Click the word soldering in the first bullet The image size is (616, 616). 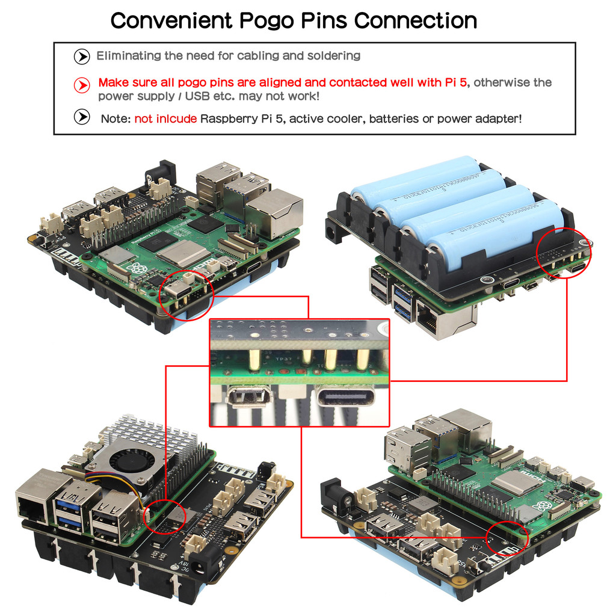333,56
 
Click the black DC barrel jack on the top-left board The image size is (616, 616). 157,174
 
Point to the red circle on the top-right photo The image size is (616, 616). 565,253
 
